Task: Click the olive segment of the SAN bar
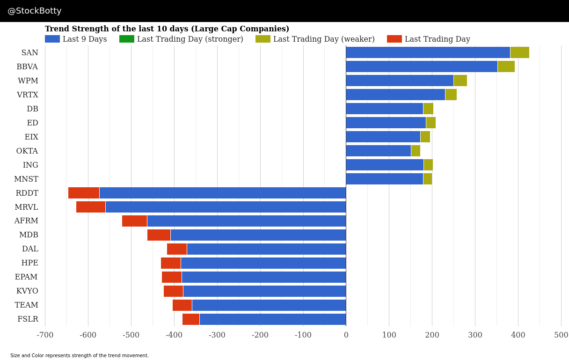(x=519, y=52)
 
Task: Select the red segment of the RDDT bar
(x=84, y=193)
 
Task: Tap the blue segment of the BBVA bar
(x=421, y=66)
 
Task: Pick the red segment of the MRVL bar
(x=91, y=207)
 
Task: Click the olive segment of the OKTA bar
(x=416, y=151)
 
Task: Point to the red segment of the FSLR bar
(x=191, y=319)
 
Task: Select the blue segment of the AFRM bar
(x=246, y=221)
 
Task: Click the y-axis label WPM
(x=28, y=81)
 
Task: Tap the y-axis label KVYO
(x=27, y=291)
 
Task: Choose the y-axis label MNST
(x=26, y=179)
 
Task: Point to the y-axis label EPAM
(x=26, y=277)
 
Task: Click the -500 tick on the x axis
(x=131, y=335)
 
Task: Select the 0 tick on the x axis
(x=346, y=335)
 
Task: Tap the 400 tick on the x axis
(x=518, y=335)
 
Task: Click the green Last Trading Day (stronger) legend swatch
(x=127, y=39)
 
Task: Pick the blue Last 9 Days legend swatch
(x=52, y=39)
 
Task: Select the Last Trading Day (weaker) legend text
(x=324, y=39)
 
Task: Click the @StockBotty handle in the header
(x=35, y=11)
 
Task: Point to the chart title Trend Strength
(x=167, y=29)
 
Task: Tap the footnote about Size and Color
(x=80, y=356)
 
